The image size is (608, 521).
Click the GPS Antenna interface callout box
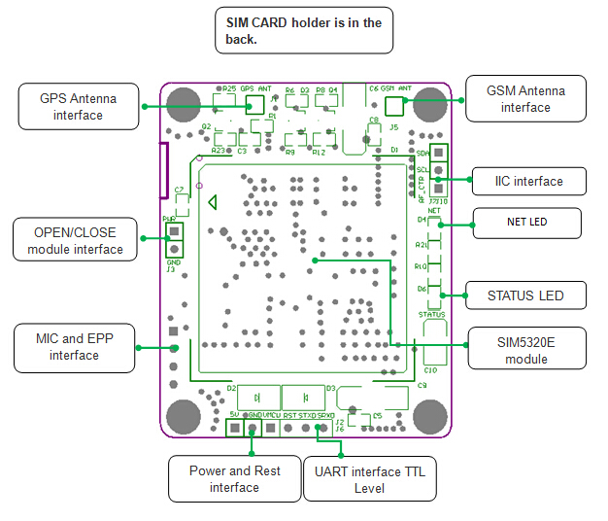click(79, 107)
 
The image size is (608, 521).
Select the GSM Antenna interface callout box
click(525, 98)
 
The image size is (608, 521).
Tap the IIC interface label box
click(529, 182)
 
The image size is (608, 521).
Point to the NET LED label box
click(525, 223)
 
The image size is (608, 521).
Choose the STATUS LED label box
click(525, 295)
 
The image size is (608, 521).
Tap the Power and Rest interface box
click(234, 479)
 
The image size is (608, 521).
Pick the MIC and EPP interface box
click(76, 348)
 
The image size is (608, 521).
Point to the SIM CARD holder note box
click(303, 31)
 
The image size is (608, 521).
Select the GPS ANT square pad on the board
click(256, 102)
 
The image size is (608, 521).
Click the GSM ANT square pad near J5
click(394, 104)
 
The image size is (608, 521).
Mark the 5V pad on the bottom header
click(234, 427)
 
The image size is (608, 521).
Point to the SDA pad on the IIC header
click(438, 153)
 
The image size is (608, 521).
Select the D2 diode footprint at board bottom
click(256, 398)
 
